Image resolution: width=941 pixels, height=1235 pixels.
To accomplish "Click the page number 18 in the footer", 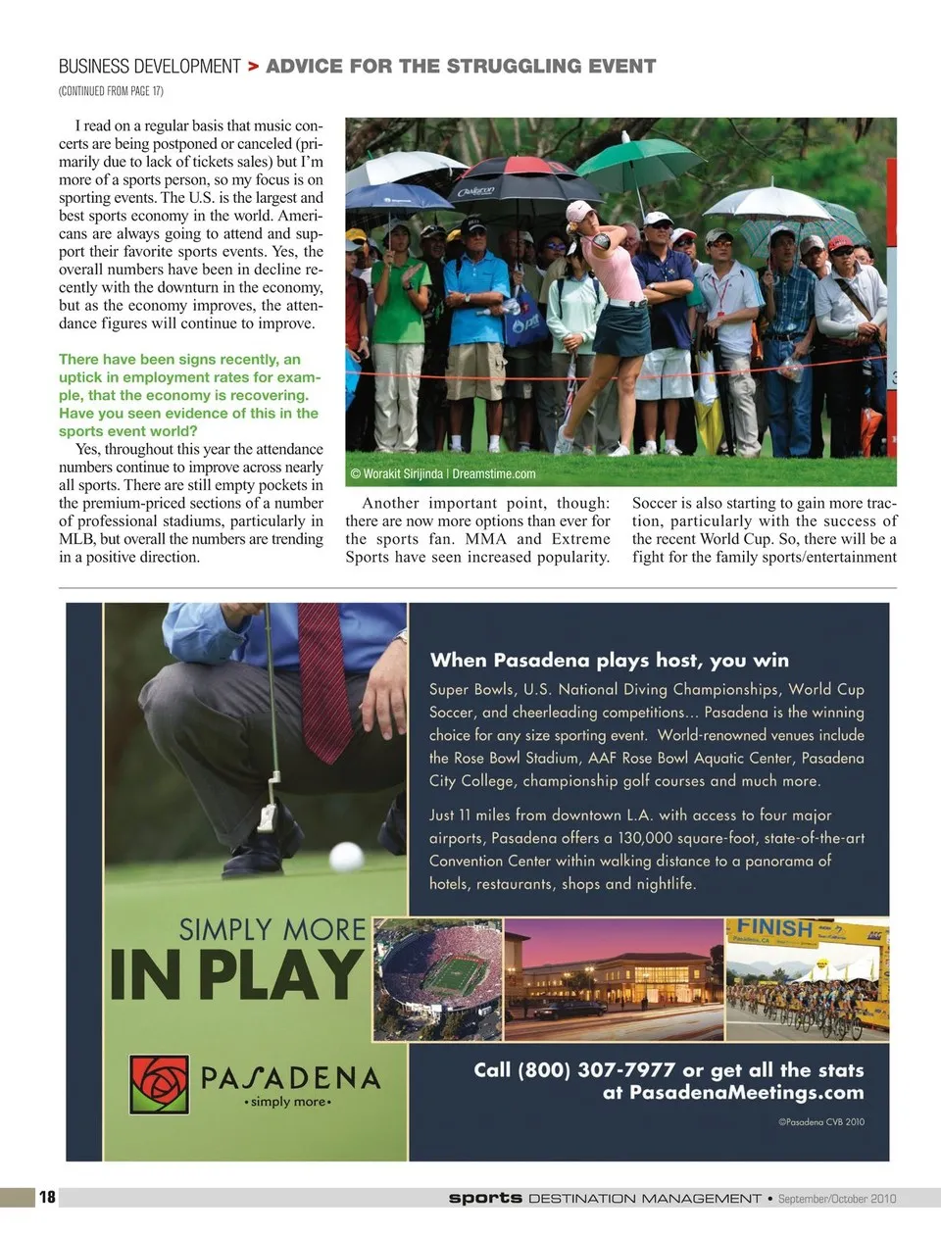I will click(47, 1197).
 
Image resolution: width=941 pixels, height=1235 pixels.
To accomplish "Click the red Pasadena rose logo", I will click(159, 1083).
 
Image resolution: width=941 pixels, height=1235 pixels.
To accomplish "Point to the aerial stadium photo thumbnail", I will click(438, 979).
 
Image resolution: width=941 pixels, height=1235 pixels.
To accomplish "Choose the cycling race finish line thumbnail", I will click(808, 979).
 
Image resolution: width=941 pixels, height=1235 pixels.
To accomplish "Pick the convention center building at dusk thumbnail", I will click(614, 979).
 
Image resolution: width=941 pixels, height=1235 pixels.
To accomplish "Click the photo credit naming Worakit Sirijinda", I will click(443, 474).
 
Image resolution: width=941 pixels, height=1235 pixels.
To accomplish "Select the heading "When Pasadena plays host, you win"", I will click(609, 660).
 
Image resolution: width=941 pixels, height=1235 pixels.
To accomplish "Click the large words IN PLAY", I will click(236, 975).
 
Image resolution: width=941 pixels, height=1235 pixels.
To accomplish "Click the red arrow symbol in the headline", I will click(253, 67).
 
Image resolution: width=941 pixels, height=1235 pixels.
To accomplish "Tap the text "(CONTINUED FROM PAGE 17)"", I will click(111, 91).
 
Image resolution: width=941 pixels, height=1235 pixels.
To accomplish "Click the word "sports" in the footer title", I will click(485, 1198).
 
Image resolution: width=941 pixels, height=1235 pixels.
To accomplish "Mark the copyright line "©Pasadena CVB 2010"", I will click(821, 1121).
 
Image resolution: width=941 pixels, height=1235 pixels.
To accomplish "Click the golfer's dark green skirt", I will click(620, 330).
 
